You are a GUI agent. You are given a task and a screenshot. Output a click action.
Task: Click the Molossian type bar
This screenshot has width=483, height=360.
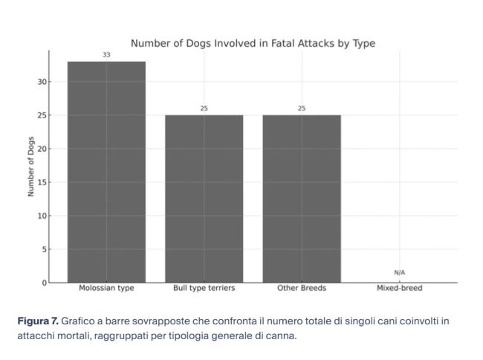click(106, 172)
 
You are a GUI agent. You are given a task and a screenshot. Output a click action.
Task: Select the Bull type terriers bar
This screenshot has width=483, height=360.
click(204, 199)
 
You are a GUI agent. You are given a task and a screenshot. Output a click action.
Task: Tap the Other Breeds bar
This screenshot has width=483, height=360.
click(301, 199)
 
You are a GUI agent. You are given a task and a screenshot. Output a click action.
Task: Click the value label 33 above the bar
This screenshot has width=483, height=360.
click(106, 55)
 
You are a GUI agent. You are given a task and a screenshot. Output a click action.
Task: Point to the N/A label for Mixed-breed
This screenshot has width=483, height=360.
click(399, 273)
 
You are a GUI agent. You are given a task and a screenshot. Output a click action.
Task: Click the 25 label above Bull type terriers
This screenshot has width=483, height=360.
click(204, 109)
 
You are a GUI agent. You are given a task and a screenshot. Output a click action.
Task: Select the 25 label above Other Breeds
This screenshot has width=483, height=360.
click(301, 109)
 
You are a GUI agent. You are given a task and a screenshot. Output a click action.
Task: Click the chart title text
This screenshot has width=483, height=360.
click(253, 43)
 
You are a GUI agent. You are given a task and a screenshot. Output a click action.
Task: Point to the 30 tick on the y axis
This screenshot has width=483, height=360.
click(42, 82)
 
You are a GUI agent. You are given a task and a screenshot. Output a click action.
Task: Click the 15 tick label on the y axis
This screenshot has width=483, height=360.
click(42, 182)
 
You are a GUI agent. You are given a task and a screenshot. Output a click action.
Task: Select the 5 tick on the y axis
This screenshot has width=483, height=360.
click(44, 249)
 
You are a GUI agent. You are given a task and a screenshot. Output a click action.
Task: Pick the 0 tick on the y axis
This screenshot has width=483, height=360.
click(44, 283)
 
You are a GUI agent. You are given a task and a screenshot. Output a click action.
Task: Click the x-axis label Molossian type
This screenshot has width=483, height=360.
click(106, 289)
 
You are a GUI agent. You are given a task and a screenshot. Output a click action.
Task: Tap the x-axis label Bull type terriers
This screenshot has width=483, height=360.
click(204, 289)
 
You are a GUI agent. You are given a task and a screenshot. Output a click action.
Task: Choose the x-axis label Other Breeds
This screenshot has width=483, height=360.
click(301, 289)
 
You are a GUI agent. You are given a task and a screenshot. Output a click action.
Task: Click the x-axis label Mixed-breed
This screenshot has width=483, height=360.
click(399, 289)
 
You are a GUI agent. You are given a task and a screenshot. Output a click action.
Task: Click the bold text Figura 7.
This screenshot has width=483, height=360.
click(37, 321)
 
